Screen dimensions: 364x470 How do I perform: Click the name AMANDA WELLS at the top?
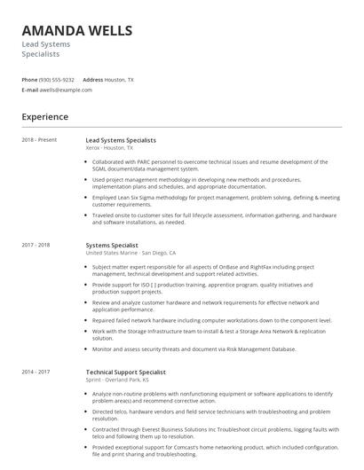[77, 30]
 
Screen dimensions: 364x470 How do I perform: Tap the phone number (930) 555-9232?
[58, 79]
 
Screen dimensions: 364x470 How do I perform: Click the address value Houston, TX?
[120, 79]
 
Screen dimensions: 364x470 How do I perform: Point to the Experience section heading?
[44, 116]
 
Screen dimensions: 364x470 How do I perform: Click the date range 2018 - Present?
[39, 140]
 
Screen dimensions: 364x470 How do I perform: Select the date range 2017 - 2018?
[36, 244]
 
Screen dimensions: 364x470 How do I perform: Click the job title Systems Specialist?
[112, 244]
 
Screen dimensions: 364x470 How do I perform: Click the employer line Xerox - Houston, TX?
[110, 148]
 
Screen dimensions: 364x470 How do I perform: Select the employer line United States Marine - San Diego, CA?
[137, 253]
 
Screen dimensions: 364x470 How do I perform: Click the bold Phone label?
[29, 79]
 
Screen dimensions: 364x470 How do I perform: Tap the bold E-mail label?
[30, 90]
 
